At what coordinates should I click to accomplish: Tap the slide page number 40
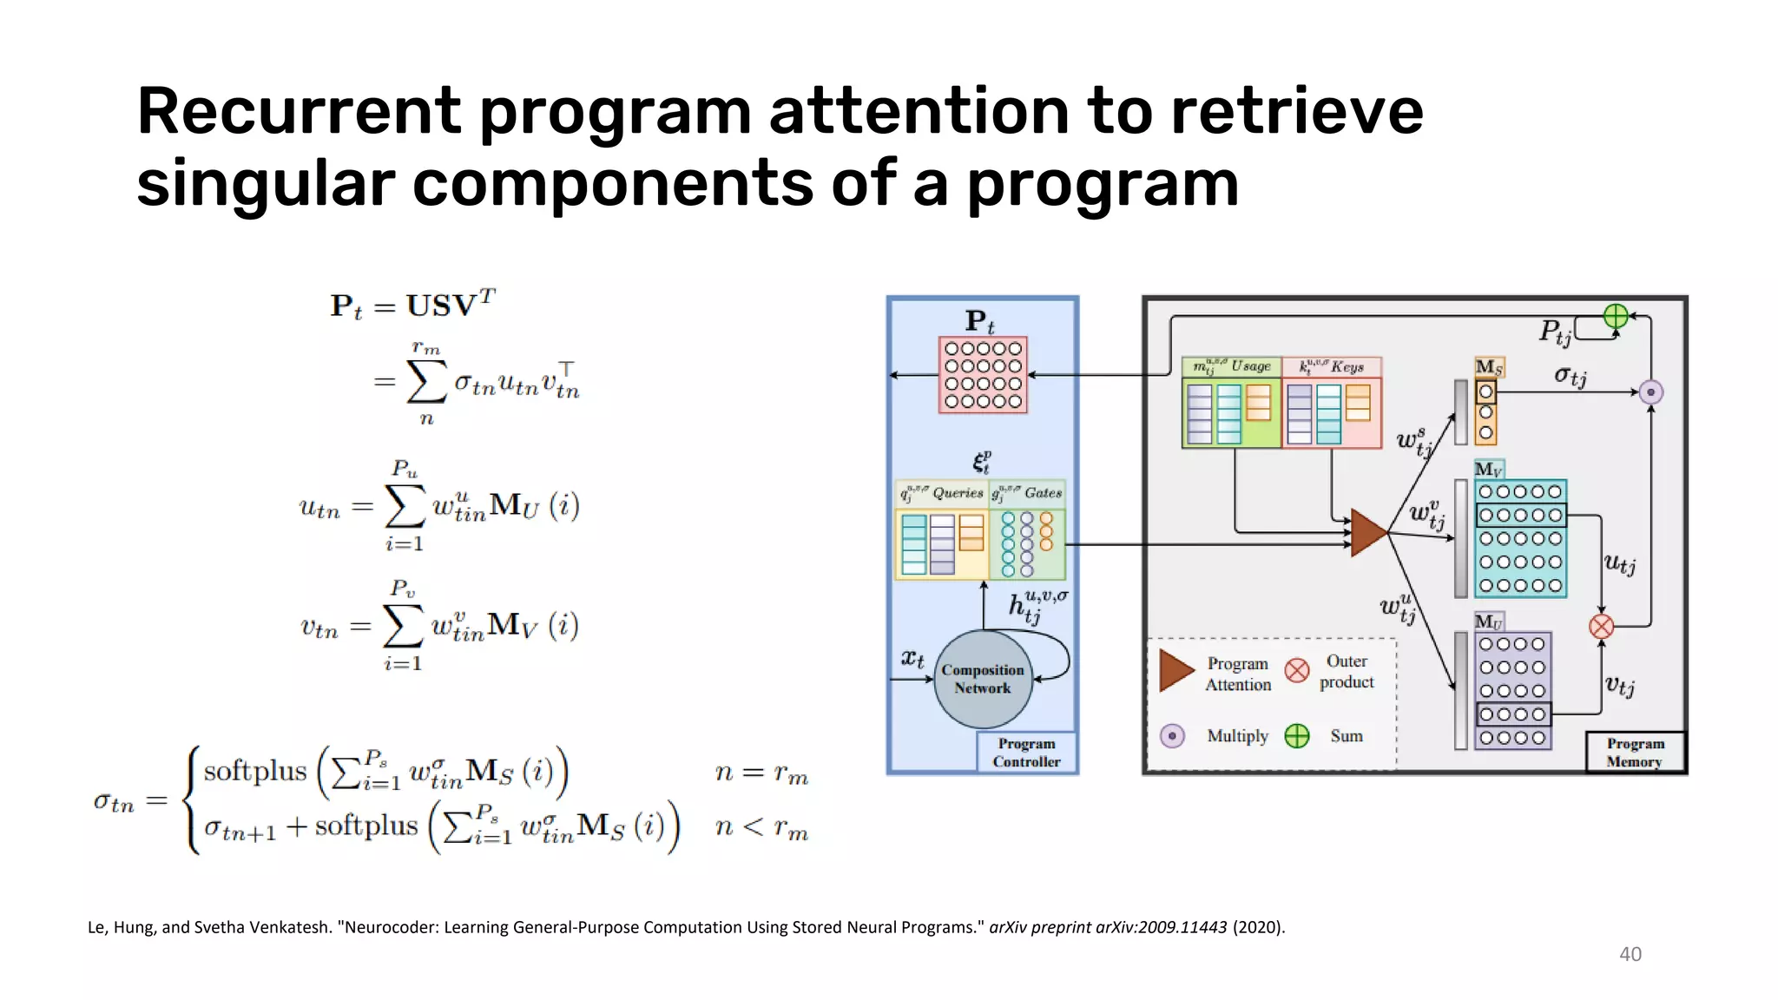(1630, 954)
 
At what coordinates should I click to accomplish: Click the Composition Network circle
(983, 679)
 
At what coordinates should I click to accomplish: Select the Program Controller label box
(1026, 753)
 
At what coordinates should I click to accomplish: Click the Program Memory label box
(1635, 753)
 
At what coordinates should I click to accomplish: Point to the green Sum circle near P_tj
(1616, 316)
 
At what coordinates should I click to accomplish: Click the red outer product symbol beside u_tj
(1601, 626)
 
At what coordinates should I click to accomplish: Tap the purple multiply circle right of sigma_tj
(1650, 392)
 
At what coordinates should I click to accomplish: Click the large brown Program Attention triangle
(1368, 533)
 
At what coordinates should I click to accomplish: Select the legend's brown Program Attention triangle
(1176, 671)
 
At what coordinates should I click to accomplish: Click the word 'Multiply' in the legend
(1237, 736)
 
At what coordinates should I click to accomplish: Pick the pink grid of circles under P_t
(983, 375)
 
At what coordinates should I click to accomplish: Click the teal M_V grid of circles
(1520, 539)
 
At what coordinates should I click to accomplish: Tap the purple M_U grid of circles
(1512, 691)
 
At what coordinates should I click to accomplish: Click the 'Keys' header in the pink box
(1347, 367)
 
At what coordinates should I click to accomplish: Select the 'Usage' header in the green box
(1250, 366)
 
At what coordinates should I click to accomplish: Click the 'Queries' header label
(958, 493)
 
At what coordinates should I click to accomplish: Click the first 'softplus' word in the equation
(255, 771)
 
